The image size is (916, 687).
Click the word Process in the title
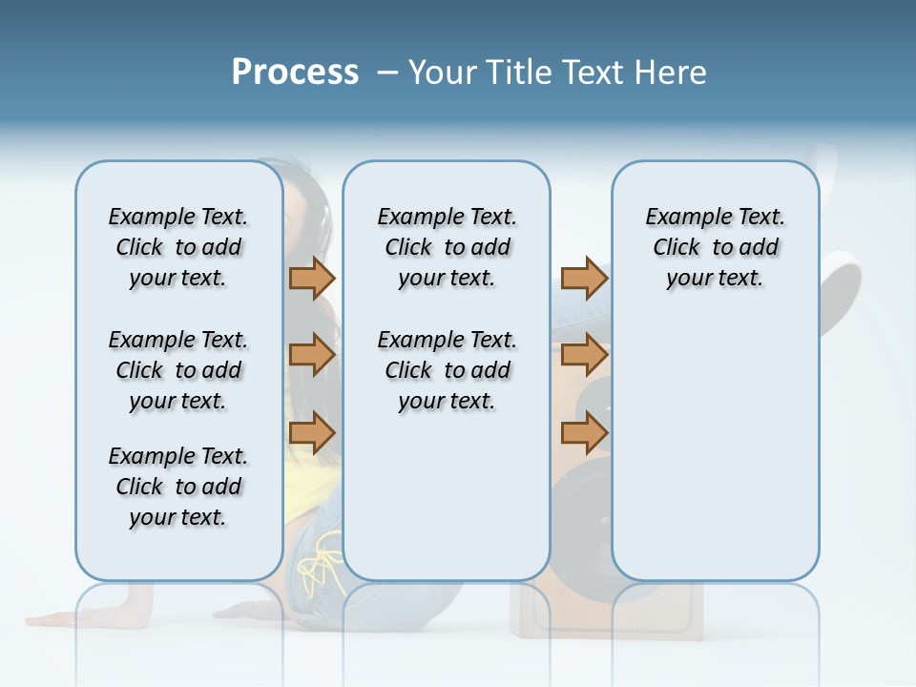295,73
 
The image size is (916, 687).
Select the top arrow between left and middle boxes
312,279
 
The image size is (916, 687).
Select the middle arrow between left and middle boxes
312,355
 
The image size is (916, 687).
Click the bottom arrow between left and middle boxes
312,433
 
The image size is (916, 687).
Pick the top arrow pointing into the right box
584,279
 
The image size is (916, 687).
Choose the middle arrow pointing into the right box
584,355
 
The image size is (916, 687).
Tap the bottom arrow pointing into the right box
584,433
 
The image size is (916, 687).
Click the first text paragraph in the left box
178,247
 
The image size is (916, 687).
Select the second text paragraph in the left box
178,370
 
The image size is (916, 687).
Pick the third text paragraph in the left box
178,487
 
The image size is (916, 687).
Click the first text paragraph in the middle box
447,247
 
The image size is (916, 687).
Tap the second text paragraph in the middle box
447,370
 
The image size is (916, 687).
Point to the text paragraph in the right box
715,247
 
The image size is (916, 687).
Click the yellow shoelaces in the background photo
321,563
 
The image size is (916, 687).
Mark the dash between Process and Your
386,73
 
